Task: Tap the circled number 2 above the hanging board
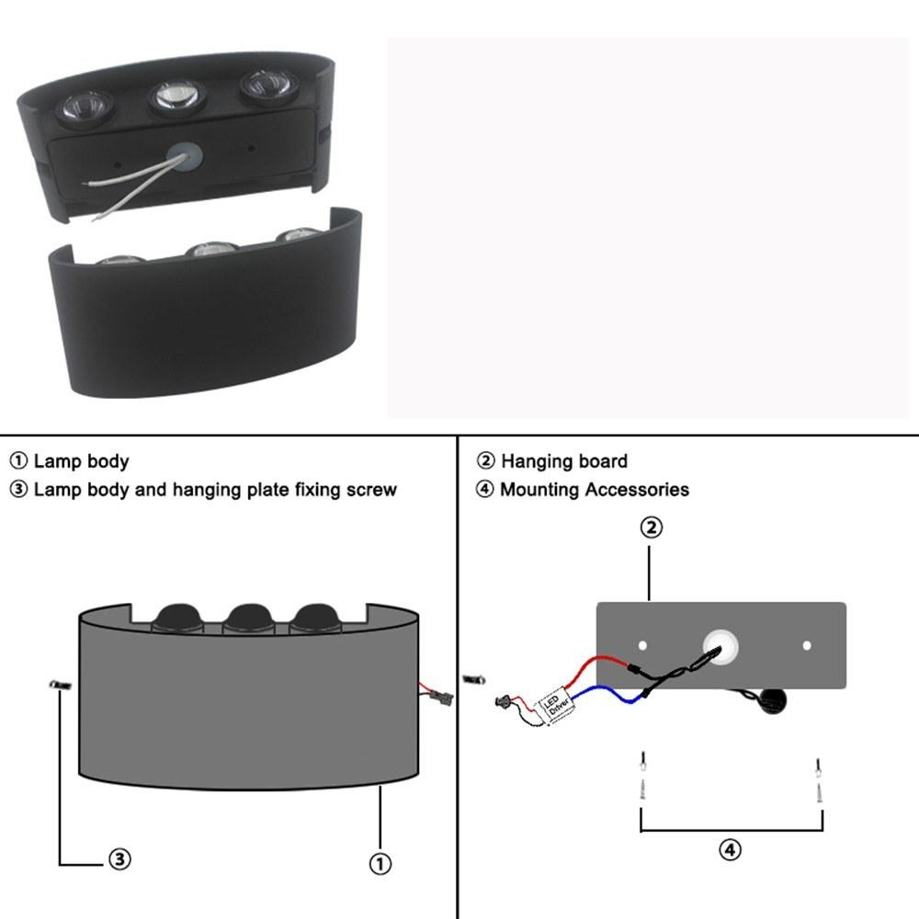[x=652, y=528]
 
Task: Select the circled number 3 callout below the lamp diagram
[x=120, y=859]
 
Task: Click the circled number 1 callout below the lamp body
[x=380, y=863]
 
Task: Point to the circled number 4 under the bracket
[x=731, y=849]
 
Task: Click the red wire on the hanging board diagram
[x=595, y=667]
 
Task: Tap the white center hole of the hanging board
[x=720, y=647]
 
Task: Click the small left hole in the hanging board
[x=642, y=645]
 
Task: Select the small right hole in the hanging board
[x=807, y=645]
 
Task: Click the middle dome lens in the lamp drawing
[x=248, y=618]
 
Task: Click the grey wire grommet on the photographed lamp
[x=185, y=157]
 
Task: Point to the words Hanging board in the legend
[x=564, y=461]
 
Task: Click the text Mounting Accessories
[x=595, y=490]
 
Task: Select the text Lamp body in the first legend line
[x=81, y=461]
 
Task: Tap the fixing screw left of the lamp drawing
[x=60, y=685]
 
